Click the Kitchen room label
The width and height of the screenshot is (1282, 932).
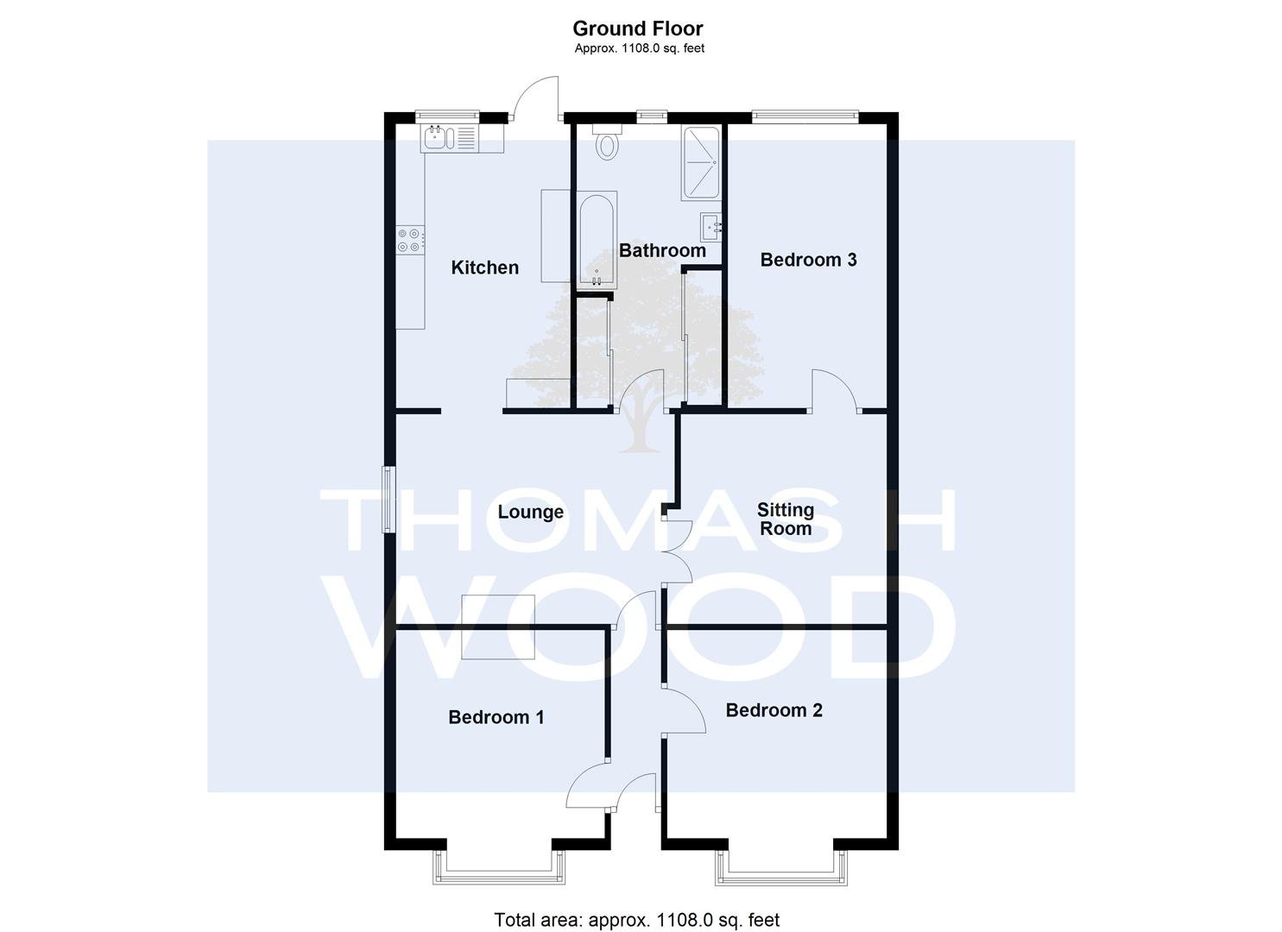pyautogui.click(x=485, y=268)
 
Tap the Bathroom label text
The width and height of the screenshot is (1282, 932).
pyautogui.click(x=662, y=250)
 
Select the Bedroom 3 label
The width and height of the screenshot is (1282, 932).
pyautogui.click(x=808, y=260)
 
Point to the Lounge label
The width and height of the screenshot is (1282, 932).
pyautogui.click(x=531, y=512)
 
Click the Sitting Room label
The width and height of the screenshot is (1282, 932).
pyautogui.click(x=786, y=519)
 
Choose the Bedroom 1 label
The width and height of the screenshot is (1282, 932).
pyautogui.click(x=496, y=717)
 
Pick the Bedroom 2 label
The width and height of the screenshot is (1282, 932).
pyautogui.click(x=774, y=710)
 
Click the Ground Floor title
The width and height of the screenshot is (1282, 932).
pyautogui.click(x=638, y=28)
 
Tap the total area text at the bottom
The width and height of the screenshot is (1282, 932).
pyautogui.click(x=636, y=904)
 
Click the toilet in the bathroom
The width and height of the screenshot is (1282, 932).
pyautogui.click(x=607, y=142)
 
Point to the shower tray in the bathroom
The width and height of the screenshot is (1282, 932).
pyautogui.click(x=700, y=163)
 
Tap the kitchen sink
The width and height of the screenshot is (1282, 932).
pyautogui.click(x=439, y=139)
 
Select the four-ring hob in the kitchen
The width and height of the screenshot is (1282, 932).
pyautogui.click(x=411, y=241)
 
